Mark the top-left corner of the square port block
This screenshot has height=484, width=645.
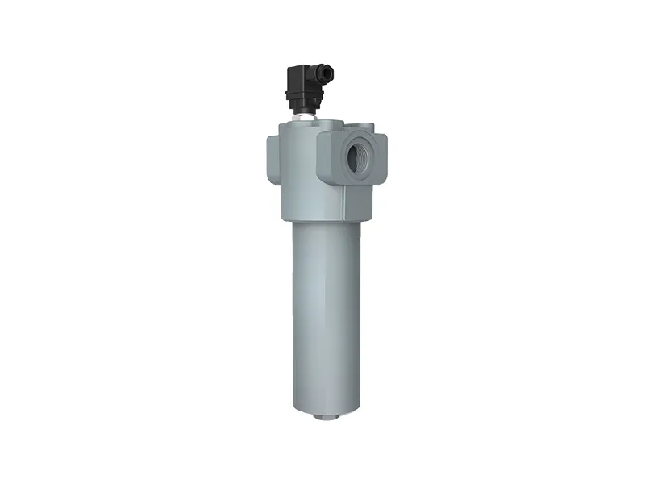[x=322, y=133]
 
